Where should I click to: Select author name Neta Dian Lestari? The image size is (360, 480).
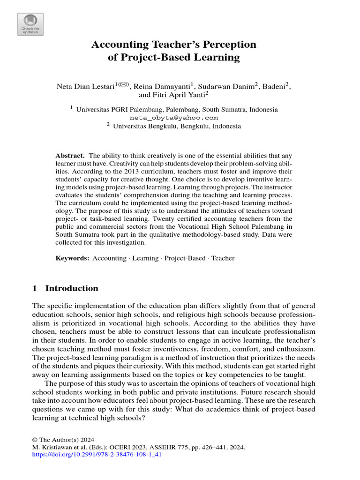(x=85, y=86)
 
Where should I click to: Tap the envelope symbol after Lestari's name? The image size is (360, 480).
(x=124, y=84)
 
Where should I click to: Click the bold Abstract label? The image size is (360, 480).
(x=70, y=155)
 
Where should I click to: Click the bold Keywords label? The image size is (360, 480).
(x=72, y=258)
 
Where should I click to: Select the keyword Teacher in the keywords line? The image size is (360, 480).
(x=223, y=258)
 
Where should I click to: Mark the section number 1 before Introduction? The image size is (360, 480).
(x=34, y=288)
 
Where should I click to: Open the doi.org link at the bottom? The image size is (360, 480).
(x=97, y=455)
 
